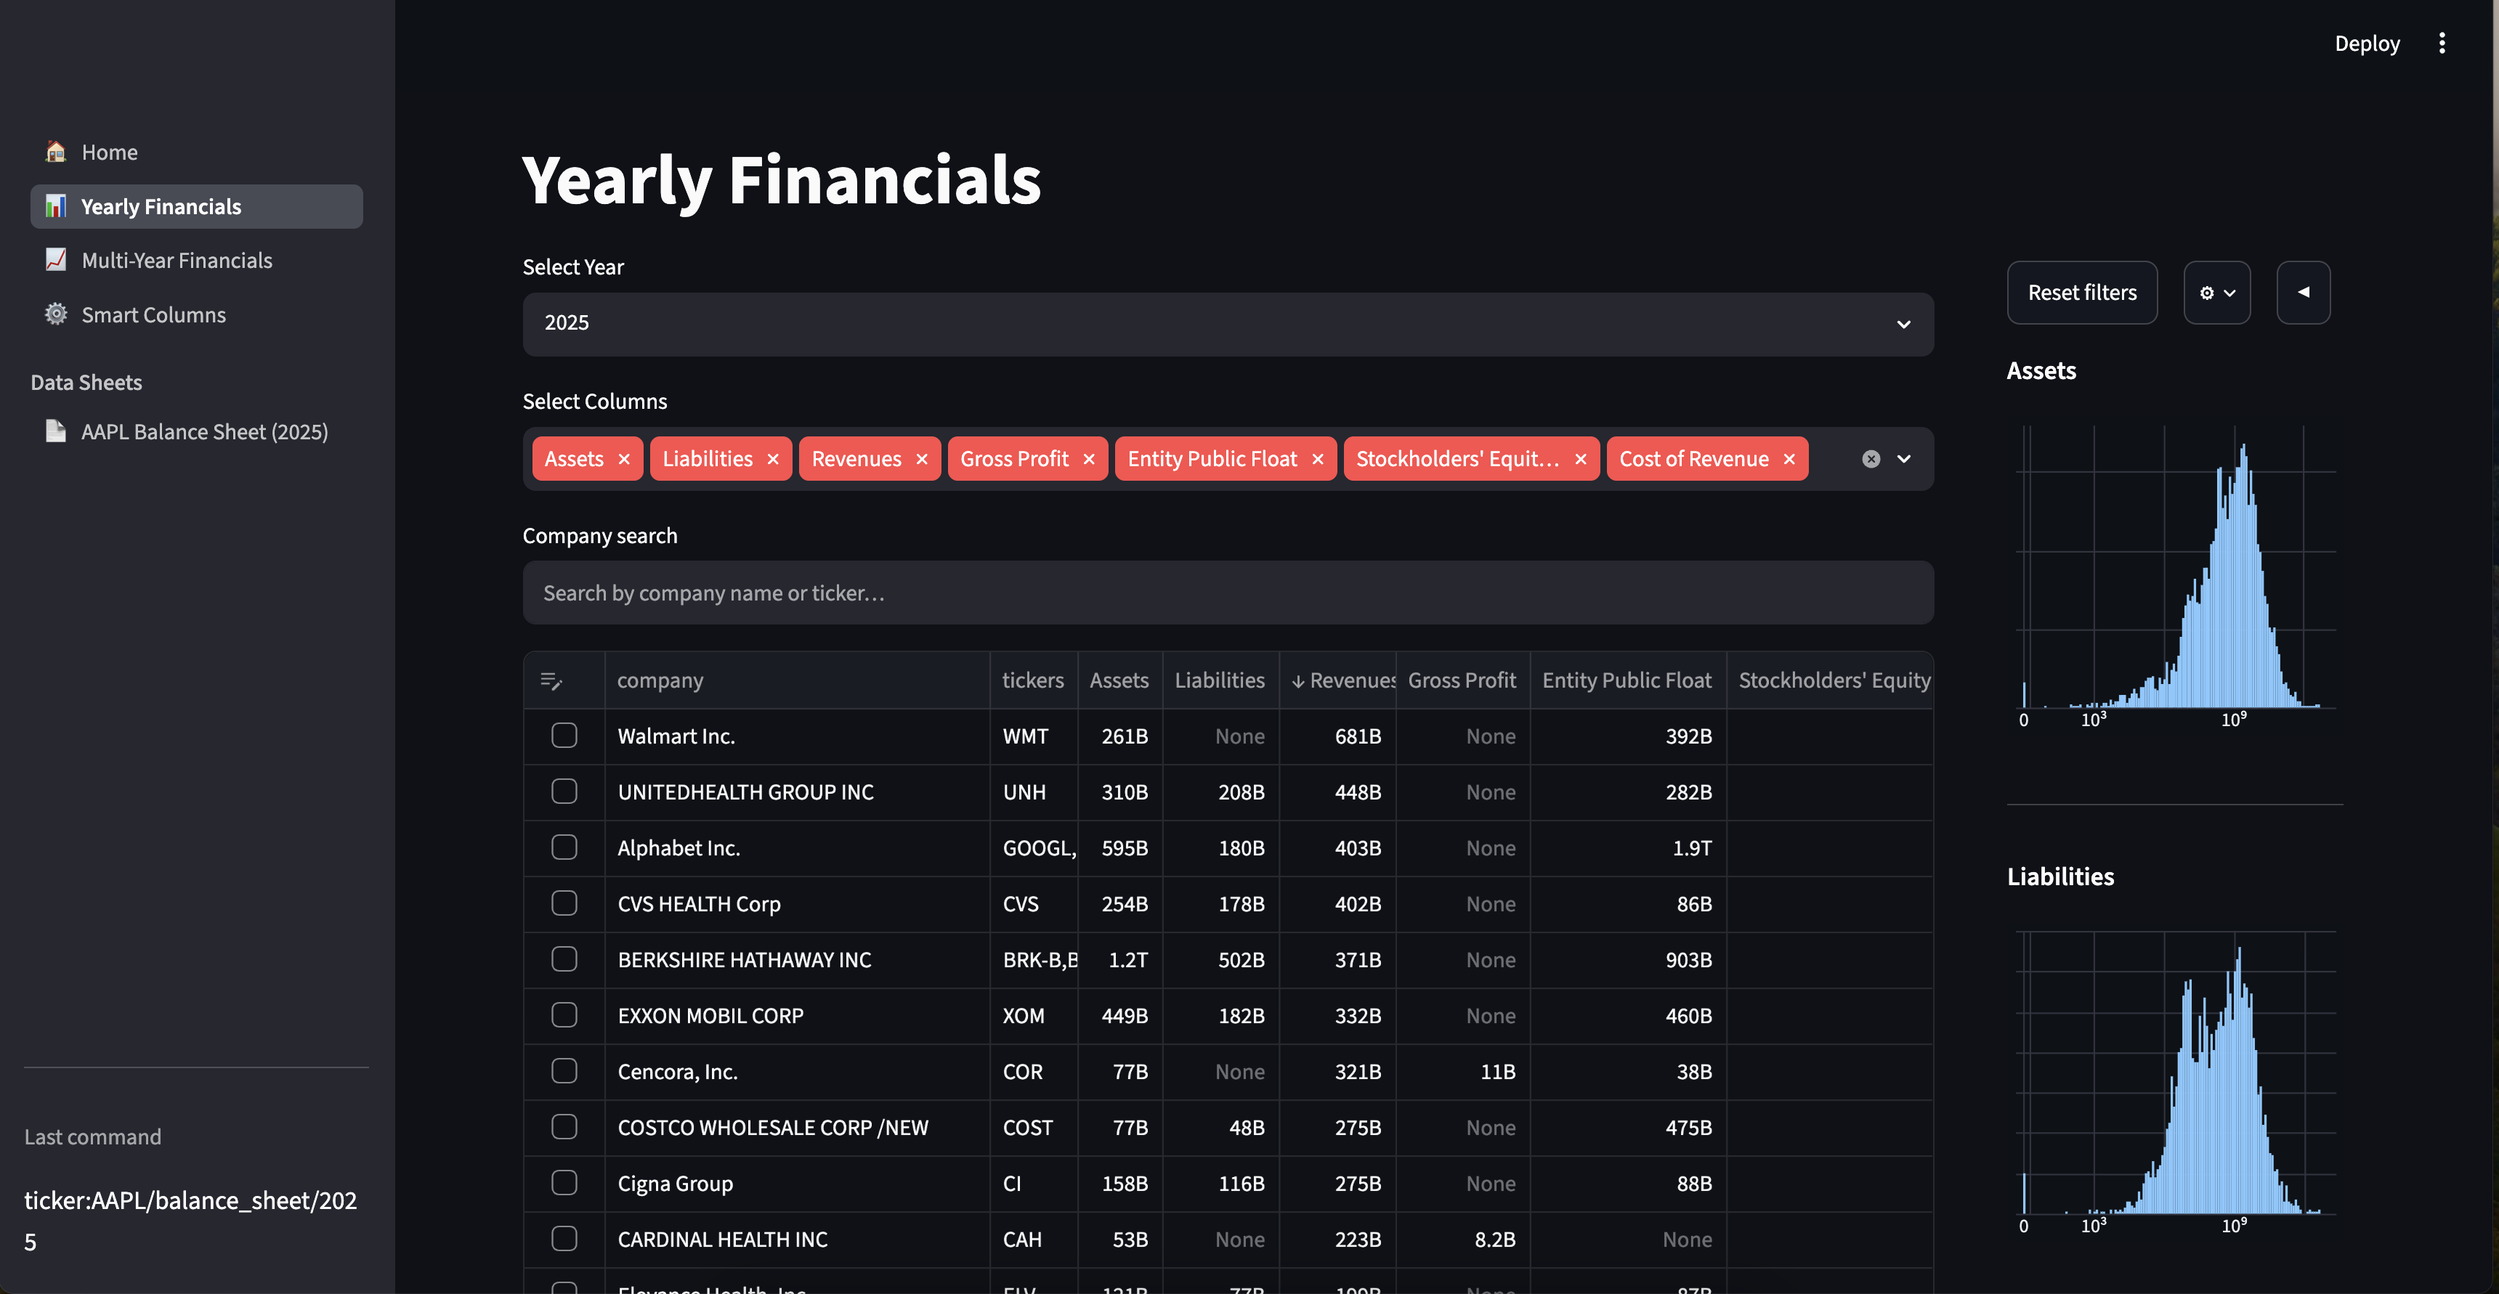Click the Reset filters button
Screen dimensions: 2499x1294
click(2082, 292)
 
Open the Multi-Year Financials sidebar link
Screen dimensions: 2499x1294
click(177, 260)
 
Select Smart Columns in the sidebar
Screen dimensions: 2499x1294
click(153, 314)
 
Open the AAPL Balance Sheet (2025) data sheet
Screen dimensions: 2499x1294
click(203, 431)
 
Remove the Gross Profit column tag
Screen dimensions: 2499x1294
click(1088, 459)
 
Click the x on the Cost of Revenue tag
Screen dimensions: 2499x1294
click(1789, 459)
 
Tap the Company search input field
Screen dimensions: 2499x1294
click(1227, 593)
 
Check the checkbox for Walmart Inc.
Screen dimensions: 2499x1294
click(564, 736)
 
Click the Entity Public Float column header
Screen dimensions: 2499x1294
click(1627, 680)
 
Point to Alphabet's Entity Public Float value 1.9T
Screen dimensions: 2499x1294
click(1692, 848)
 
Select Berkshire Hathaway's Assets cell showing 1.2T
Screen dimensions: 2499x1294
click(1128, 959)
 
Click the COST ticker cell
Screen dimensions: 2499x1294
click(1027, 1127)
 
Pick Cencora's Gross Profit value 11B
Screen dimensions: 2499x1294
click(1498, 1071)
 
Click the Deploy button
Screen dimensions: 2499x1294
click(2367, 44)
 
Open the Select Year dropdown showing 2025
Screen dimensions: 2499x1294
click(1227, 324)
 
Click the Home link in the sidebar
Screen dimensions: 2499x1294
click(110, 152)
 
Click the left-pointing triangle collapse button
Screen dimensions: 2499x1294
click(2303, 292)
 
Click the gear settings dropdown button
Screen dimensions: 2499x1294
click(2216, 292)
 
